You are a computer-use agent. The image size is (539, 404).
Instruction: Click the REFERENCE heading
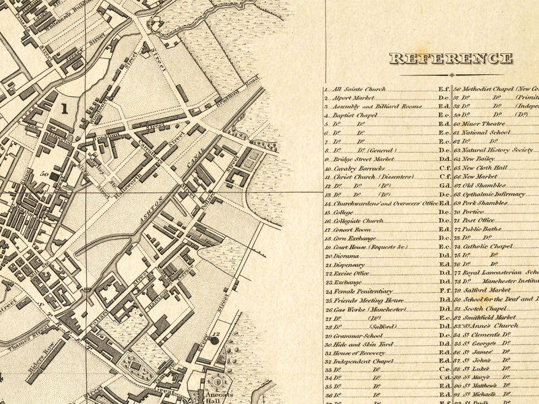[x=451, y=59]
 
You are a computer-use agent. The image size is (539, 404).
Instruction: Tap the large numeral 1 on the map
[x=65, y=107]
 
